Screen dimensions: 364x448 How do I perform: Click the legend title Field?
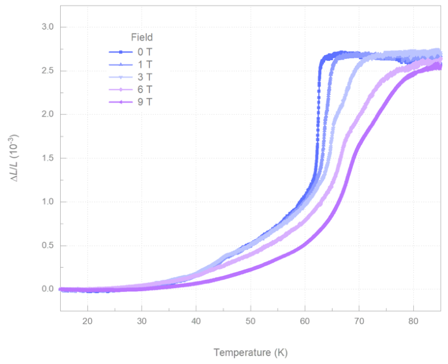coord(142,37)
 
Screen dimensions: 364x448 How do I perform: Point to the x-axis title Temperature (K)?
coord(250,352)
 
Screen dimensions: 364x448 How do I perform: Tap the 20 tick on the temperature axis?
coord(87,322)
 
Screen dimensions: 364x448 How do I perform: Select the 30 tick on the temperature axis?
coord(142,322)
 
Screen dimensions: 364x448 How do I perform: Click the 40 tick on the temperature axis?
coord(196,322)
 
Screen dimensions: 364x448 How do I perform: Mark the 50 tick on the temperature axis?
coord(250,322)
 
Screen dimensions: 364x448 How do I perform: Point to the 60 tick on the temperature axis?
coord(305,322)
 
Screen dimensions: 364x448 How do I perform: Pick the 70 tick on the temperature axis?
coord(359,322)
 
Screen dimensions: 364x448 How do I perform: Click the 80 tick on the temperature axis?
coord(413,322)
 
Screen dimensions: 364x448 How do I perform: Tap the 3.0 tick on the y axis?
coord(48,27)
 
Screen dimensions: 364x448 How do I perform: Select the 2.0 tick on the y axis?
coord(48,115)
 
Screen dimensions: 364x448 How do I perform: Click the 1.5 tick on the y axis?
coord(48,158)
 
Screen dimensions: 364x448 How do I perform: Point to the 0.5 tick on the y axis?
coord(48,246)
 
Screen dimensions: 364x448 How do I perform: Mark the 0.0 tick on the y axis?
coord(48,289)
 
